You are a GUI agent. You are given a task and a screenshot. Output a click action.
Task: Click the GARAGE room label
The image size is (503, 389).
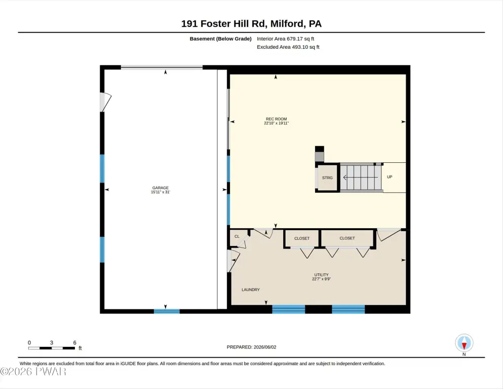[161, 188]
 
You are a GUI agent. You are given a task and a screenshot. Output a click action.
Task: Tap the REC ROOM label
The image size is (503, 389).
[276, 119]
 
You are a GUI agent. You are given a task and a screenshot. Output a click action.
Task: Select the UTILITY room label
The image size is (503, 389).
[322, 275]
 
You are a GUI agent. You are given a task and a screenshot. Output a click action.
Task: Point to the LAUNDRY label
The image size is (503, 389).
[251, 290]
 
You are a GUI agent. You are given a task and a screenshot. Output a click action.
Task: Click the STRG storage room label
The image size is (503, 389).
[327, 178]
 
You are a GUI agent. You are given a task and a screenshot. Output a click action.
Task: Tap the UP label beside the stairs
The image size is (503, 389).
[390, 177]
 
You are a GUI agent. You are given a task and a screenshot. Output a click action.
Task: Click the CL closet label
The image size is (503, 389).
[237, 236]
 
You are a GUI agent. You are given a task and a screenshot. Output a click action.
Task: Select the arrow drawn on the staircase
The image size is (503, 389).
[361, 178]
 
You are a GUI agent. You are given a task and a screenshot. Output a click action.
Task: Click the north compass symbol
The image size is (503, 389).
[464, 343]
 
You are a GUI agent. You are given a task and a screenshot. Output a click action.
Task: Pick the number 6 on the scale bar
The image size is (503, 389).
[75, 343]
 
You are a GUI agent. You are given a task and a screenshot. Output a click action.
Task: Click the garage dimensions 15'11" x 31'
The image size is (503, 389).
[161, 192]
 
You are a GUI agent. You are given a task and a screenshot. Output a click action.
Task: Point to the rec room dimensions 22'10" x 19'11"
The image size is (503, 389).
[276, 123]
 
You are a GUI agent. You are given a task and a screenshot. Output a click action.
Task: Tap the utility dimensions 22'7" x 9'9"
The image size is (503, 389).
[322, 279]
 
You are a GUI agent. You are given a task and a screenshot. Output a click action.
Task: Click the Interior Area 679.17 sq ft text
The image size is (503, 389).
[285, 39]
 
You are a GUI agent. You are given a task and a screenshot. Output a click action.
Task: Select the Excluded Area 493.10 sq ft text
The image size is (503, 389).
[288, 47]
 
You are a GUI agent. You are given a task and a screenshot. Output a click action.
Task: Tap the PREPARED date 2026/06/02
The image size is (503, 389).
[264, 347]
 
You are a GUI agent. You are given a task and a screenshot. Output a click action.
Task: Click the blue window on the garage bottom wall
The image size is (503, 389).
[167, 311]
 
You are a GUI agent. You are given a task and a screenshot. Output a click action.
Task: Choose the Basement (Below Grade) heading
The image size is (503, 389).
[220, 39]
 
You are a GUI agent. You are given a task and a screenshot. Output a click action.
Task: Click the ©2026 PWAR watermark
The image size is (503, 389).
[33, 371]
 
